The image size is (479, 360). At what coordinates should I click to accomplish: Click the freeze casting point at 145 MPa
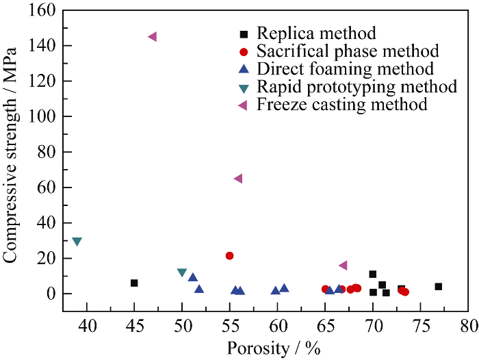point(153,36)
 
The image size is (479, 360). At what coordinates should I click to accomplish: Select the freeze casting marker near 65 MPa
point(238,179)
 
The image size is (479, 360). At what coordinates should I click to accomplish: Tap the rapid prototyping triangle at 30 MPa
point(77,242)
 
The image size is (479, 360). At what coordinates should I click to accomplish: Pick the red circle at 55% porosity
point(230,255)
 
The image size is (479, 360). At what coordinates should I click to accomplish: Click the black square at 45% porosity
point(134,283)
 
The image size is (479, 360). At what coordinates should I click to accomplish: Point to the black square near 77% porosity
point(439,286)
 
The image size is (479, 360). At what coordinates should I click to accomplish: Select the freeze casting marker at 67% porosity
point(343,265)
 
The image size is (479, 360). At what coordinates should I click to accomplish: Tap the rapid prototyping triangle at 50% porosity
point(182,272)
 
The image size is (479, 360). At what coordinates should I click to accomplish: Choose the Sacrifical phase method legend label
point(347,51)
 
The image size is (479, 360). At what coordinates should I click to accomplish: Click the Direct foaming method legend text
point(345,68)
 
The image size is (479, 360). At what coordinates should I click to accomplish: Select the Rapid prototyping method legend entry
point(357,86)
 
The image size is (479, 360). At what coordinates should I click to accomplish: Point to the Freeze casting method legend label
point(341,104)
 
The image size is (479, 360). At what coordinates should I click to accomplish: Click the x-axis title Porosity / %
point(274,348)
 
